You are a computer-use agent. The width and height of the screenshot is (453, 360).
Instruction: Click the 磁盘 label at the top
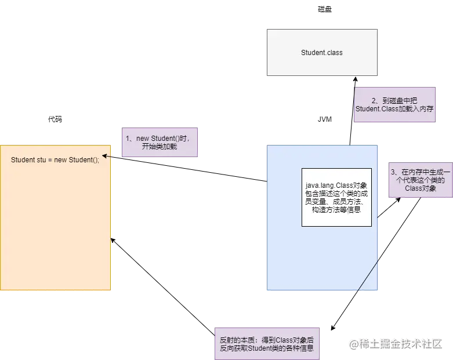pyautogui.click(x=325, y=9)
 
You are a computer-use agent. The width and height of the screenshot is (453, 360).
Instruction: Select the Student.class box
pyautogui.click(x=322, y=52)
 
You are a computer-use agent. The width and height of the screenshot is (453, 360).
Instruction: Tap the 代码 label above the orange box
pyautogui.click(x=55, y=119)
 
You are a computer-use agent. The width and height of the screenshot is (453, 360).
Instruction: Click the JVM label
pyautogui.click(x=325, y=119)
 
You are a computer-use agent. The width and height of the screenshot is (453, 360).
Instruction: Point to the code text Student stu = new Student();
pyautogui.click(x=55, y=159)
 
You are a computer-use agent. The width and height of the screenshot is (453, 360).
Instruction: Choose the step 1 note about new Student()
pyautogui.click(x=160, y=143)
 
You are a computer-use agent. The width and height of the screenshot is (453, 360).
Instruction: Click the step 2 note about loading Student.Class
pyautogui.click(x=394, y=104)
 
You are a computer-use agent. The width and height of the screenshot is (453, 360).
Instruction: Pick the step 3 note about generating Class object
pyautogui.click(x=421, y=180)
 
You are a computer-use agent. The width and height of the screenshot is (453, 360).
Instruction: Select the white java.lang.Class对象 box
pyautogui.click(x=336, y=198)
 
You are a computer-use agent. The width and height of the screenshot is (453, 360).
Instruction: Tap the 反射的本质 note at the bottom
pyautogui.click(x=267, y=344)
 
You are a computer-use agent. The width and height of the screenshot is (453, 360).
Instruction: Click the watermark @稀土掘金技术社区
pyautogui.click(x=396, y=344)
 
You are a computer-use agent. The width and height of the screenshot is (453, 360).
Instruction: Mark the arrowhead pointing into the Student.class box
pyautogui.click(x=356, y=79)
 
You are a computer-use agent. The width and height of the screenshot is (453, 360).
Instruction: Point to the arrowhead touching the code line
pyautogui.click(x=105, y=156)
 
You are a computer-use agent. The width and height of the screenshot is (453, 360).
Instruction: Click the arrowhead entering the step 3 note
pyautogui.click(x=398, y=200)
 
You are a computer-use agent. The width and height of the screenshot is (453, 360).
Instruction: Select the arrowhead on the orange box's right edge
pyautogui.click(x=113, y=241)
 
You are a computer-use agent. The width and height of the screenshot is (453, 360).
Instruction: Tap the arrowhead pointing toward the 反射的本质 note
pyautogui.click(x=333, y=328)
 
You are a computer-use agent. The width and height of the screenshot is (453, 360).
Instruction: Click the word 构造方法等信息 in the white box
pyautogui.click(x=336, y=210)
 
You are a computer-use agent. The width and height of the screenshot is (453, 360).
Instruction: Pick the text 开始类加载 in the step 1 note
pyautogui.click(x=159, y=146)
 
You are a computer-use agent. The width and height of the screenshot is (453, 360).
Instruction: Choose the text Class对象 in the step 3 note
pyautogui.click(x=421, y=188)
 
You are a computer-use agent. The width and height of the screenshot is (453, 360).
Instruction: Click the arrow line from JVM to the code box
pyautogui.click(x=184, y=169)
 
